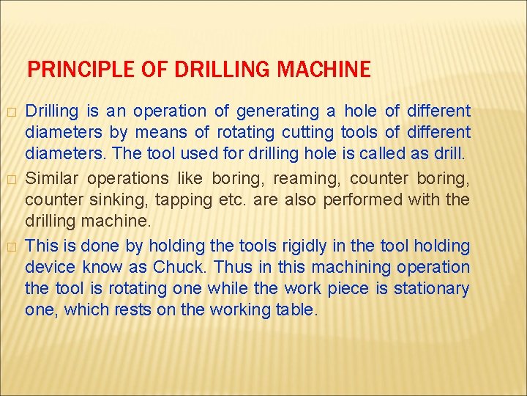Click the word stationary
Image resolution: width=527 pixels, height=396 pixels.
click(x=431, y=287)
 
